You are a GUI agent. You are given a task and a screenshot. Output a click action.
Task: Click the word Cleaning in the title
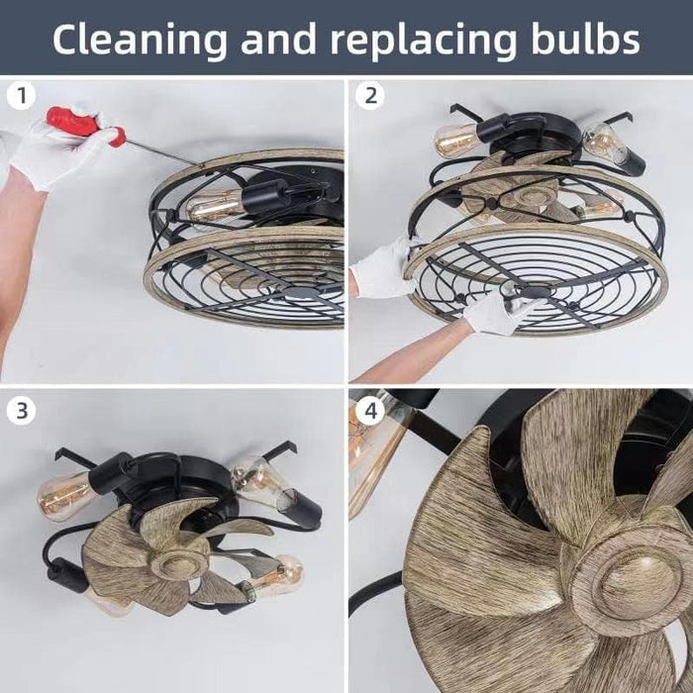[x=140, y=40]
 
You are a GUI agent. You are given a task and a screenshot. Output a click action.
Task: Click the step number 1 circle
[x=21, y=95]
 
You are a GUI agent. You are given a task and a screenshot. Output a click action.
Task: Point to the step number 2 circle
[x=370, y=95]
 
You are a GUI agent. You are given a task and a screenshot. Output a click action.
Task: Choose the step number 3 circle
[x=21, y=411]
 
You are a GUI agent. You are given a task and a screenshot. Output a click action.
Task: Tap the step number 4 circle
[x=370, y=411]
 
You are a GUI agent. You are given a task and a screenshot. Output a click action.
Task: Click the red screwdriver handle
[x=85, y=125]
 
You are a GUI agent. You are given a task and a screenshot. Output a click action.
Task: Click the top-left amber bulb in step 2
[x=456, y=140]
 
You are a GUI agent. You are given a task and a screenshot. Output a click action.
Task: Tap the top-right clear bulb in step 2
[x=603, y=143]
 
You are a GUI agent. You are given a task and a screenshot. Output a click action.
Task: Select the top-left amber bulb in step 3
[x=66, y=495]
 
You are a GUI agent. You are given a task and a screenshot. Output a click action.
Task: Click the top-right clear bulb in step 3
[x=260, y=482]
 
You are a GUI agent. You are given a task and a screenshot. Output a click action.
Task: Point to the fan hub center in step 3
[x=178, y=563]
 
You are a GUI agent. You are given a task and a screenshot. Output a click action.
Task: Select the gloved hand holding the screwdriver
[x=57, y=148]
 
